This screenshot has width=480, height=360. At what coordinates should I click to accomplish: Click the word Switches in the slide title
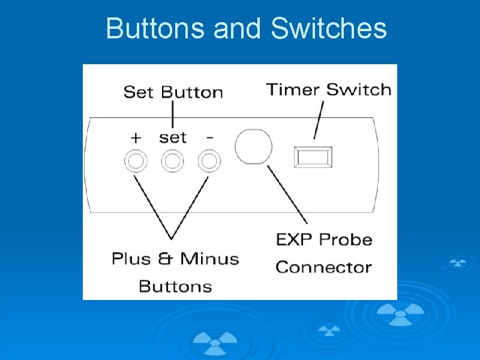pos(329,29)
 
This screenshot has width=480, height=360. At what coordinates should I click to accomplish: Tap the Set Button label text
pos(173,92)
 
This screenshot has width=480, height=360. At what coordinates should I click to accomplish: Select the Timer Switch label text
pos(329,90)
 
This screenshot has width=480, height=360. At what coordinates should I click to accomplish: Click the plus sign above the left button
pos(136,137)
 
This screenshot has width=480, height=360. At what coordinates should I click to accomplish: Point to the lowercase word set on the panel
pos(173,137)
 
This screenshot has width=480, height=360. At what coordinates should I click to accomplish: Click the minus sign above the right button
pos(209,137)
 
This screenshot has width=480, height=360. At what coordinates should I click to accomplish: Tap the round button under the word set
pos(173,161)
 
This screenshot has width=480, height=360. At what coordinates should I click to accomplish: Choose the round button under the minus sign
pos(209,161)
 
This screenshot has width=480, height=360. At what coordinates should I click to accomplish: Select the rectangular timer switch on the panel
pos(312,157)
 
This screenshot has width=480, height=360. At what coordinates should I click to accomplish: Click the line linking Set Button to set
pos(173,114)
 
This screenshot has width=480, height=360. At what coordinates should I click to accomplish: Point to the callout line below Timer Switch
pos(319,120)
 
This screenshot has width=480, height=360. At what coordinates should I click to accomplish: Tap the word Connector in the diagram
pos(323,266)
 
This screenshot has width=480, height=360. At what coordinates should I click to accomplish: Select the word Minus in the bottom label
pos(209,259)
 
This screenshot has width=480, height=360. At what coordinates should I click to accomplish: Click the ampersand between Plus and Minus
pos(165,259)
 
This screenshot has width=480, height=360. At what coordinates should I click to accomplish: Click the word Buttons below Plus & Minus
pos(175,286)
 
